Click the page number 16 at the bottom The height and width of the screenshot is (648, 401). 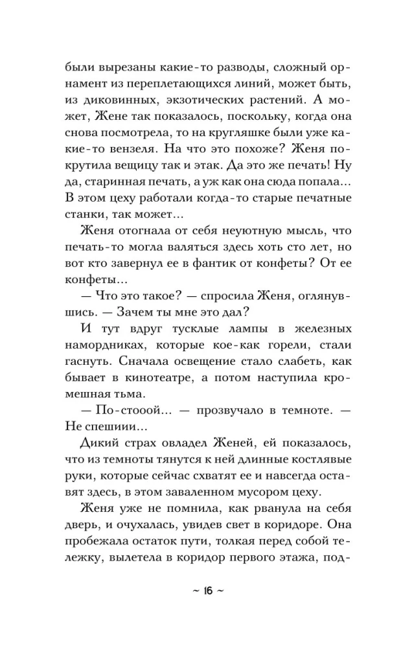pyautogui.click(x=200, y=590)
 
